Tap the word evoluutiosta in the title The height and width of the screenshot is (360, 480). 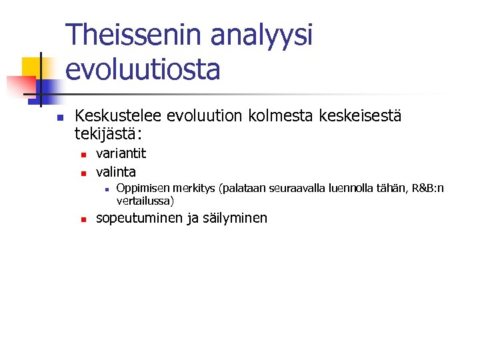pos(143,69)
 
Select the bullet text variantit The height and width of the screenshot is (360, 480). pos(121,153)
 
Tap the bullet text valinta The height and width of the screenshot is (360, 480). pos(116,171)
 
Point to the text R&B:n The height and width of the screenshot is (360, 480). pos(428,189)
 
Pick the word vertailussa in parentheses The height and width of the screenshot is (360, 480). pos(145,200)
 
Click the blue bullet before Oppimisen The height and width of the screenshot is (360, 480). pos(106,190)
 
